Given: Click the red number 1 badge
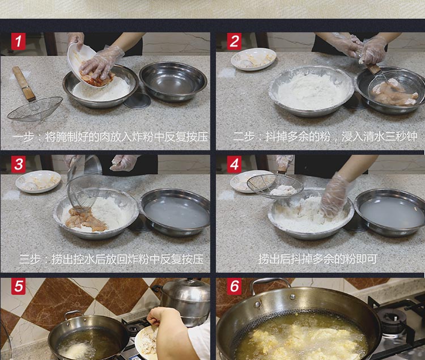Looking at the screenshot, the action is pyautogui.click(x=19, y=41).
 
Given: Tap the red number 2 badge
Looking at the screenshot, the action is pyautogui.click(x=234, y=41).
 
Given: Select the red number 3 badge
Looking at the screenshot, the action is pyautogui.click(x=19, y=164).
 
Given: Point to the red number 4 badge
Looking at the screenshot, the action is pyautogui.click(x=234, y=164).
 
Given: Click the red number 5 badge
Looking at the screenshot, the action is pyautogui.click(x=19, y=286).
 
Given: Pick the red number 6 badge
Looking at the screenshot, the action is pyautogui.click(x=234, y=286).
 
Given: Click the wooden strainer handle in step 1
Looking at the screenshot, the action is pyautogui.click(x=24, y=83).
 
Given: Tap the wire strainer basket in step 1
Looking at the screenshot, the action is pyautogui.click(x=35, y=109).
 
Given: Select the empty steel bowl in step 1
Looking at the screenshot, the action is pyautogui.click(x=173, y=81).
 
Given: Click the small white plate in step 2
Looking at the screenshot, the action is pyautogui.click(x=253, y=59).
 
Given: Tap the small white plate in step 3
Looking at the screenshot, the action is pyautogui.click(x=38, y=181).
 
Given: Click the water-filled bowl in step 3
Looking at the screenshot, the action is pyautogui.click(x=175, y=211).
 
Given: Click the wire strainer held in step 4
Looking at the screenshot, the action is pyautogui.click(x=275, y=185).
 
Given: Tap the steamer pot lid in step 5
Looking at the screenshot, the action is pyautogui.click(x=187, y=289).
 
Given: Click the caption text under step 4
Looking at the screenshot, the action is pyautogui.click(x=317, y=259).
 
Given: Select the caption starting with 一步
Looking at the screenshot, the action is pyautogui.click(x=110, y=137).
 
